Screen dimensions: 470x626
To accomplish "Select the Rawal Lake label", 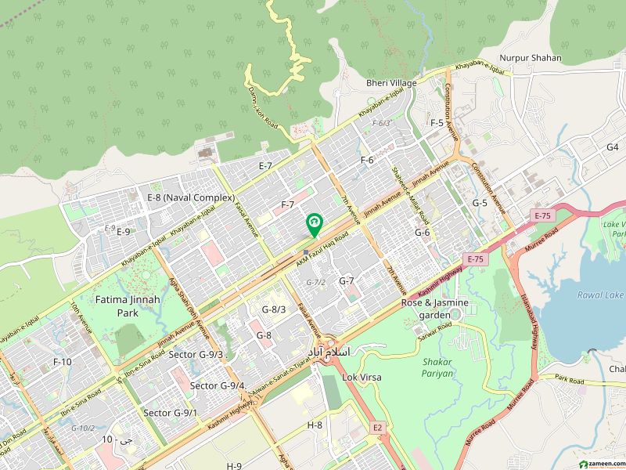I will click(x=599, y=295).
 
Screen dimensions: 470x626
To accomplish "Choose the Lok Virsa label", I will click(x=362, y=377).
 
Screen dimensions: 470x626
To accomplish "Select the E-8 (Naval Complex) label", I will click(x=192, y=197).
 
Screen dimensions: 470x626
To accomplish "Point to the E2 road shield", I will click(x=377, y=428).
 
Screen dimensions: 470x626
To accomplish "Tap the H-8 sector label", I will click(x=315, y=425).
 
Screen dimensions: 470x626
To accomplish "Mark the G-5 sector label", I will click(x=480, y=203).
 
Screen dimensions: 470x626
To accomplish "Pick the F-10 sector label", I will click(x=62, y=361).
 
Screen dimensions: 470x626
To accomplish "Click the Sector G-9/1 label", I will click(x=170, y=412).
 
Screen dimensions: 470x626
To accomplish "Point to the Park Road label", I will click(x=570, y=380).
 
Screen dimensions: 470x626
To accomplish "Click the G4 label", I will click(x=612, y=147).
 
